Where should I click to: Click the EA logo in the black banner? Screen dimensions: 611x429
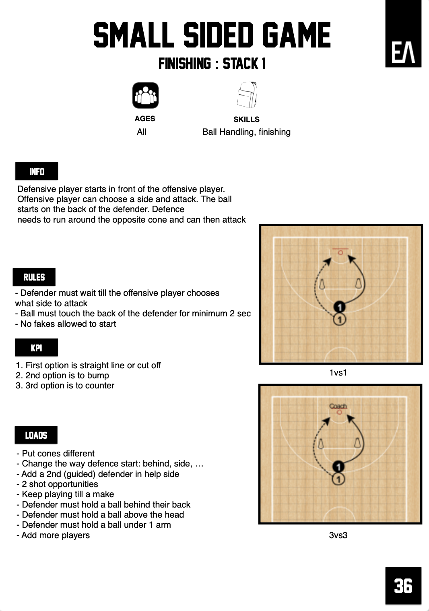pos(403,53)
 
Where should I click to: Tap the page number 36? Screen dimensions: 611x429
pos(403,586)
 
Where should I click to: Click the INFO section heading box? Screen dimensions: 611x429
pos(37,171)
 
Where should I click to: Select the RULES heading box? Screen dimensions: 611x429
pos(34,277)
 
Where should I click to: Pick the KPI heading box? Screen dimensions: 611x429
pos(37,348)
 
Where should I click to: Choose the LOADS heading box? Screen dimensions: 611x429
pos(36,435)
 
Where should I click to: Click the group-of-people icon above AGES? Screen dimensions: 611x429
pos(145,95)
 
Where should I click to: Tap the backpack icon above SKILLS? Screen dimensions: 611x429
pos(247,95)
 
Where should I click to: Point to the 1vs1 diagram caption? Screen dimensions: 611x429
pos(338,373)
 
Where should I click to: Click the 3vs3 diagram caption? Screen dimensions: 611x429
pos(338,535)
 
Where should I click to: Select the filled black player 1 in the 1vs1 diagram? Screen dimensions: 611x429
pos(340,307)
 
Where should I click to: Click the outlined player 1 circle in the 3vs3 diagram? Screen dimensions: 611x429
pos(338,479)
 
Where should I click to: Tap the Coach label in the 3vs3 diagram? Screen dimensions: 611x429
pos(338,406)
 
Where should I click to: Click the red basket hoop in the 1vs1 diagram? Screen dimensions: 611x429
pos(340,252)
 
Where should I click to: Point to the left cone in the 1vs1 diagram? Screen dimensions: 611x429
pos(322,285)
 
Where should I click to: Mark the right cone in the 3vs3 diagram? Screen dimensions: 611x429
pos(357,443)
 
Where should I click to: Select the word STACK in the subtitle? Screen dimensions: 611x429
pos(240,64)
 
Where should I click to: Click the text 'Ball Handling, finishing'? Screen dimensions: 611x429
pos(246,132)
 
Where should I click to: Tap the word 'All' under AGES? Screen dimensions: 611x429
pos(142,132)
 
